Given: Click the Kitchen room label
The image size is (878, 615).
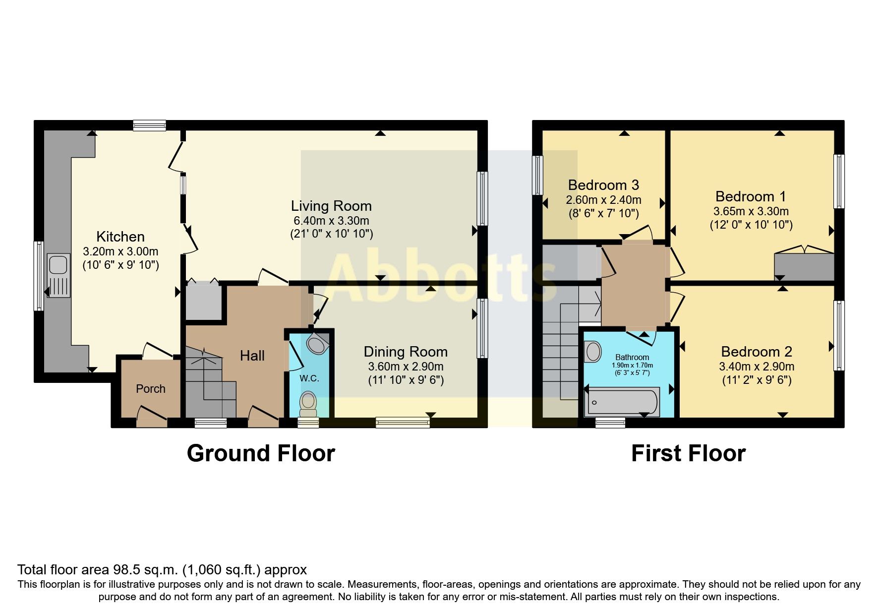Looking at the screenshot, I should point(120,237).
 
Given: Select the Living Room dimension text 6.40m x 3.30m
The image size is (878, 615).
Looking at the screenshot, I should point(331,221).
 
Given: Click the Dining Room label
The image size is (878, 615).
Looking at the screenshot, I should point(406,352).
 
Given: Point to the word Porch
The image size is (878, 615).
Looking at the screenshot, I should point(151,389).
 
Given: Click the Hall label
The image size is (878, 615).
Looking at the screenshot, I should point(252,356).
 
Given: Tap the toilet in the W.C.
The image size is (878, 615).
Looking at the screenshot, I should point(308,403).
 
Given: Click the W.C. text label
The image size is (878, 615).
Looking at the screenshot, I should point(309,378).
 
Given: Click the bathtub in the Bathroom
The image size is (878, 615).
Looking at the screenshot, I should point(622,402).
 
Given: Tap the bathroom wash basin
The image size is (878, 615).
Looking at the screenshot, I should point(592,352).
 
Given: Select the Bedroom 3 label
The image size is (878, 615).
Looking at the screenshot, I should point(603,185).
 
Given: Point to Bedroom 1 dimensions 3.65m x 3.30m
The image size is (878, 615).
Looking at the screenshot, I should point(751,211).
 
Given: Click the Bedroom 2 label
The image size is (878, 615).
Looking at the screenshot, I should point(756,352).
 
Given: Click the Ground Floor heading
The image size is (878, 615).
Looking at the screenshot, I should point(261,453).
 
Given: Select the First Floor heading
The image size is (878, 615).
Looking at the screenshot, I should point(688,453).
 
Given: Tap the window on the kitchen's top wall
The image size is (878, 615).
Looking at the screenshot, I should point(149,125).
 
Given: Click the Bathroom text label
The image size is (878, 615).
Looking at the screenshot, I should point(632,357).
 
